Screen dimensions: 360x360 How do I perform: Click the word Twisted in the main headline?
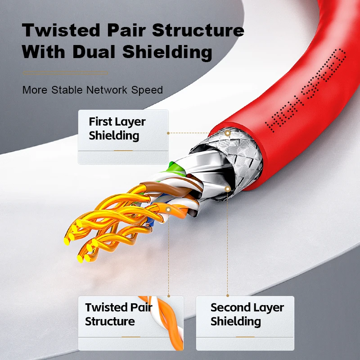[x=61, y=30]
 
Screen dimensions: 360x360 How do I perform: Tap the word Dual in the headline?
[x=94, y=52]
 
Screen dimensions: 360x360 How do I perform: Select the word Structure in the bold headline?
[x=198, y=30]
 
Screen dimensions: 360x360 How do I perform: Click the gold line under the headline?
[x=65, y=73]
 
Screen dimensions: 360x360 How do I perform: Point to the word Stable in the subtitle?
[x=67, y=90]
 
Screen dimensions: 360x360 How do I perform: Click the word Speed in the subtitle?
[x=147, y=90]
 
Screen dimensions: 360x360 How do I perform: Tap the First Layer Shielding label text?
[x=117, y=128]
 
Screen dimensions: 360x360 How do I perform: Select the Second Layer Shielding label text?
[x=247, y=314]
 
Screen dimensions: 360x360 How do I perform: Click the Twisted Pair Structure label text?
[x=118, y=314]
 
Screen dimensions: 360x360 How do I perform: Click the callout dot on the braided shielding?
[x=228, y=133]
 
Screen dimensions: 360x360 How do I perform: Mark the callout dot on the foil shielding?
[x=228, y=189]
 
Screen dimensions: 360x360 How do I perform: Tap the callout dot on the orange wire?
[x=168, y=210]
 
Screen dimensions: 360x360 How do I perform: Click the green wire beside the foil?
[x=176, y=169]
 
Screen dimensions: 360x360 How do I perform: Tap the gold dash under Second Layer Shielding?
[x=245, y=337]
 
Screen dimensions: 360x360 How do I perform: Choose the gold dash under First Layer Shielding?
[x=123, y=151]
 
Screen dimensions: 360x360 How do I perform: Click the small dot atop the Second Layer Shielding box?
[x=228, y=296]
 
